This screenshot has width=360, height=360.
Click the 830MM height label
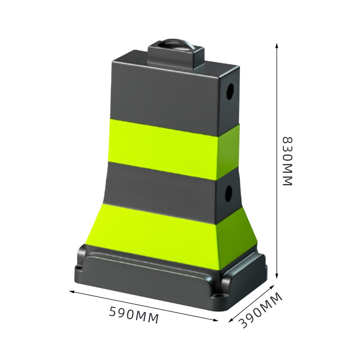click(287, 161)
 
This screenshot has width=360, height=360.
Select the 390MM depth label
click(260, 310)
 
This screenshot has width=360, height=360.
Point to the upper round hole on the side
click(230, 92)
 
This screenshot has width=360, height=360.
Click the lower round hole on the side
click(229, 193)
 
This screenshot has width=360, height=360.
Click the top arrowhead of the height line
click(277, 45)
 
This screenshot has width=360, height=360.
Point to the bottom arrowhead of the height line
click(277, 275)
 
